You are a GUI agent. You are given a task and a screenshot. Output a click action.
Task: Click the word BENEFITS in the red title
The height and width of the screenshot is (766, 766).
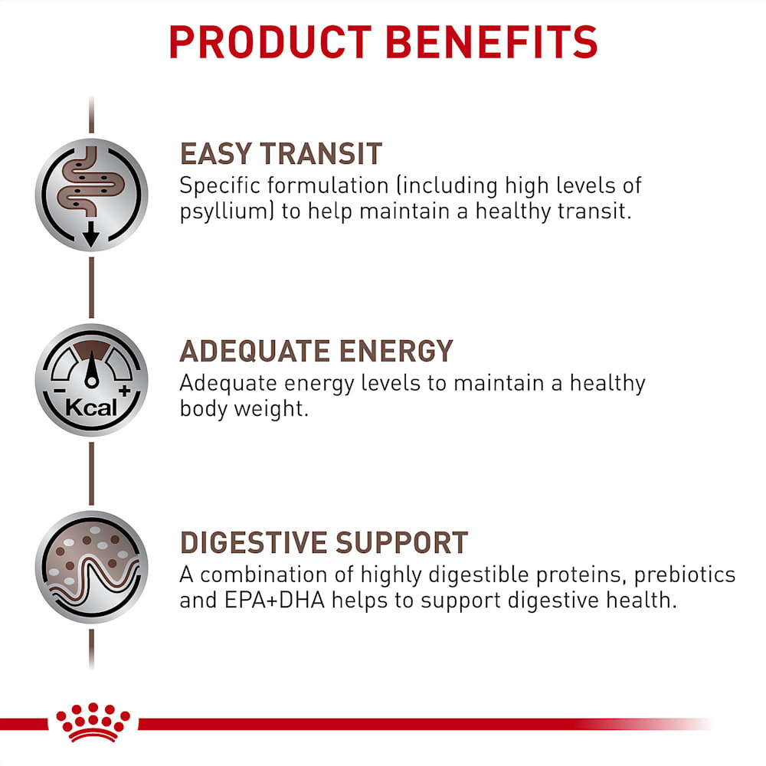[492, 42]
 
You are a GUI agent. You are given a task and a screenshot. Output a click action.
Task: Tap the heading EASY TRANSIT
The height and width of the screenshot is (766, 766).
[281, 154]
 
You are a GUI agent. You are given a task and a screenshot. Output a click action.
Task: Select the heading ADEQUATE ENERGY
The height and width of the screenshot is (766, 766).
[316, 351]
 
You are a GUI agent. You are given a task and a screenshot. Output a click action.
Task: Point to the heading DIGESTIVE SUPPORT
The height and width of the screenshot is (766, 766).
[324, 543]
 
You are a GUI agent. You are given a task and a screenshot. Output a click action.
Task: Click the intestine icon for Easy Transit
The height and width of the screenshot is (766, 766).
[91, 195]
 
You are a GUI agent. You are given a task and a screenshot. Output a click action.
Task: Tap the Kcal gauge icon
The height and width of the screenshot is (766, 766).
[91, 380]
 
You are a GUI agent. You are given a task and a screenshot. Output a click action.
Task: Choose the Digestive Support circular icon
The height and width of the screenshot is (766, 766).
[91, 567]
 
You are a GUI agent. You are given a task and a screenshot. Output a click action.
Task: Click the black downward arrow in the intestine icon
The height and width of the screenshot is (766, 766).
[91, 234]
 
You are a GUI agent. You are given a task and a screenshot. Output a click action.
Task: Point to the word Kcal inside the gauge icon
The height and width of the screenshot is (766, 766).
[91, 408]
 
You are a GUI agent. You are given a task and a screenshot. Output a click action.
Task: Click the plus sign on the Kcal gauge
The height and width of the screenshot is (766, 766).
[125, 391]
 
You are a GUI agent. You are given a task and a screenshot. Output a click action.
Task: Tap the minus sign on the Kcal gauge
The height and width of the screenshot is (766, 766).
[59, 391]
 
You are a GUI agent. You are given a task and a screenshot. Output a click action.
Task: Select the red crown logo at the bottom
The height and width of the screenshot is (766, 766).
[93, 722]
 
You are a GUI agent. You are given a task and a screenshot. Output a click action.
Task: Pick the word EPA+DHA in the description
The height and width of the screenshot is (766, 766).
[274, 601]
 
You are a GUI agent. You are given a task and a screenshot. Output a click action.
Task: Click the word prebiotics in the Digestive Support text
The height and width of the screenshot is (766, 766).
[685, 575]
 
